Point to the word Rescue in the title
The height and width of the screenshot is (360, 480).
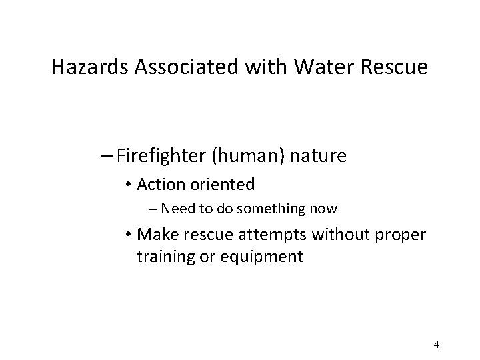click(399, 68)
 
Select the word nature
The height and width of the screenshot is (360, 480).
click(317, 157)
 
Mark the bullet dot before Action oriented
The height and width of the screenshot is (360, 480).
click(127, 183)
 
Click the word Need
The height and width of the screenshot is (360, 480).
click(175, 209)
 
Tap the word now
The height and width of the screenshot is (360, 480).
click(323, 209)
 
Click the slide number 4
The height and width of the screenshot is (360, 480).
click(435, 345)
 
